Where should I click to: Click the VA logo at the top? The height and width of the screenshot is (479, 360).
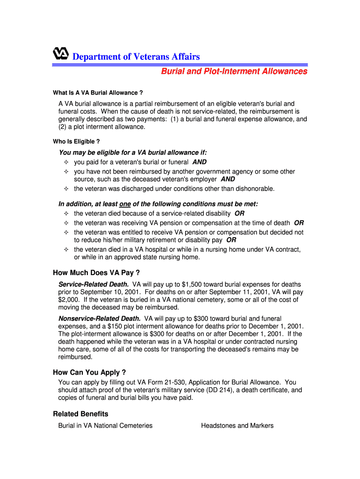61,54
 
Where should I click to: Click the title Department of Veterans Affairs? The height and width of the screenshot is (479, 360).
136,57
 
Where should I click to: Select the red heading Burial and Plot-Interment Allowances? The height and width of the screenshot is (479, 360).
234,71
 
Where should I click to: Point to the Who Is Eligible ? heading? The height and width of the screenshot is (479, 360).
76,141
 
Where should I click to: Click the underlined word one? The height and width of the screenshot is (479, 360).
125,204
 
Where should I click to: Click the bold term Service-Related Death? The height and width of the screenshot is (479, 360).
94,284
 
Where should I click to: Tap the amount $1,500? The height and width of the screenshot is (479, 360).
192,284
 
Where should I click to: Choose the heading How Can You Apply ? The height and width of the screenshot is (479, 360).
89,372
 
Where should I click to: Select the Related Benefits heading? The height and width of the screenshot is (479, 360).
80,414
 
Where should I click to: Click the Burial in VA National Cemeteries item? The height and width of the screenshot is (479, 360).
105,426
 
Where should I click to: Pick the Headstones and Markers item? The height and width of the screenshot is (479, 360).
237,426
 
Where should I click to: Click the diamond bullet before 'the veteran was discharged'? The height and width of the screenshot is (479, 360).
66,189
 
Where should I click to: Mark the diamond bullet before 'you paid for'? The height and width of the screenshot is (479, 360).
66,162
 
